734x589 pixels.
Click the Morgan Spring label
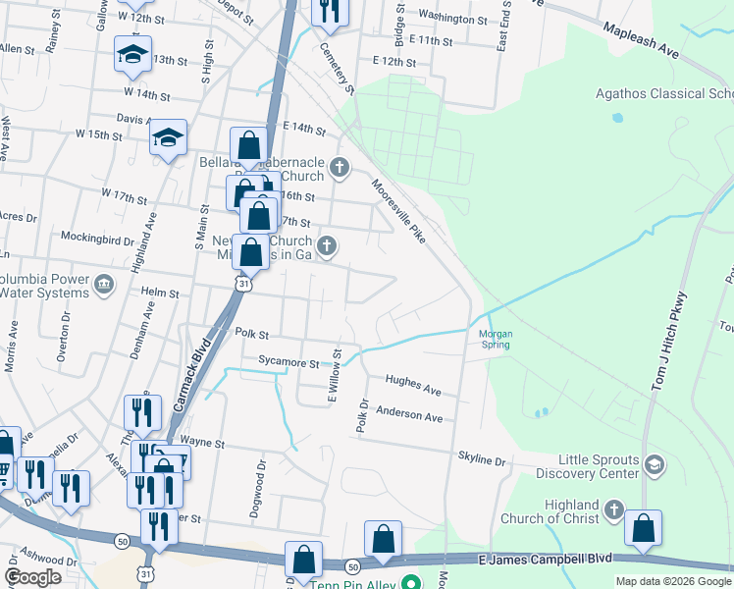point(496,339)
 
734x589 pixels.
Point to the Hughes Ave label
point(413,385)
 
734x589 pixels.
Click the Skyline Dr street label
point(481,459)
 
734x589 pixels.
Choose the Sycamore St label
point(288,362)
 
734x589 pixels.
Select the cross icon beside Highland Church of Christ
point(613,509)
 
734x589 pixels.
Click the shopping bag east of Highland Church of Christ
point(643,527)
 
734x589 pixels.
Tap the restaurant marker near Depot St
point(329,11)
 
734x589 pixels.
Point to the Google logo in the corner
point(32,577)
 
